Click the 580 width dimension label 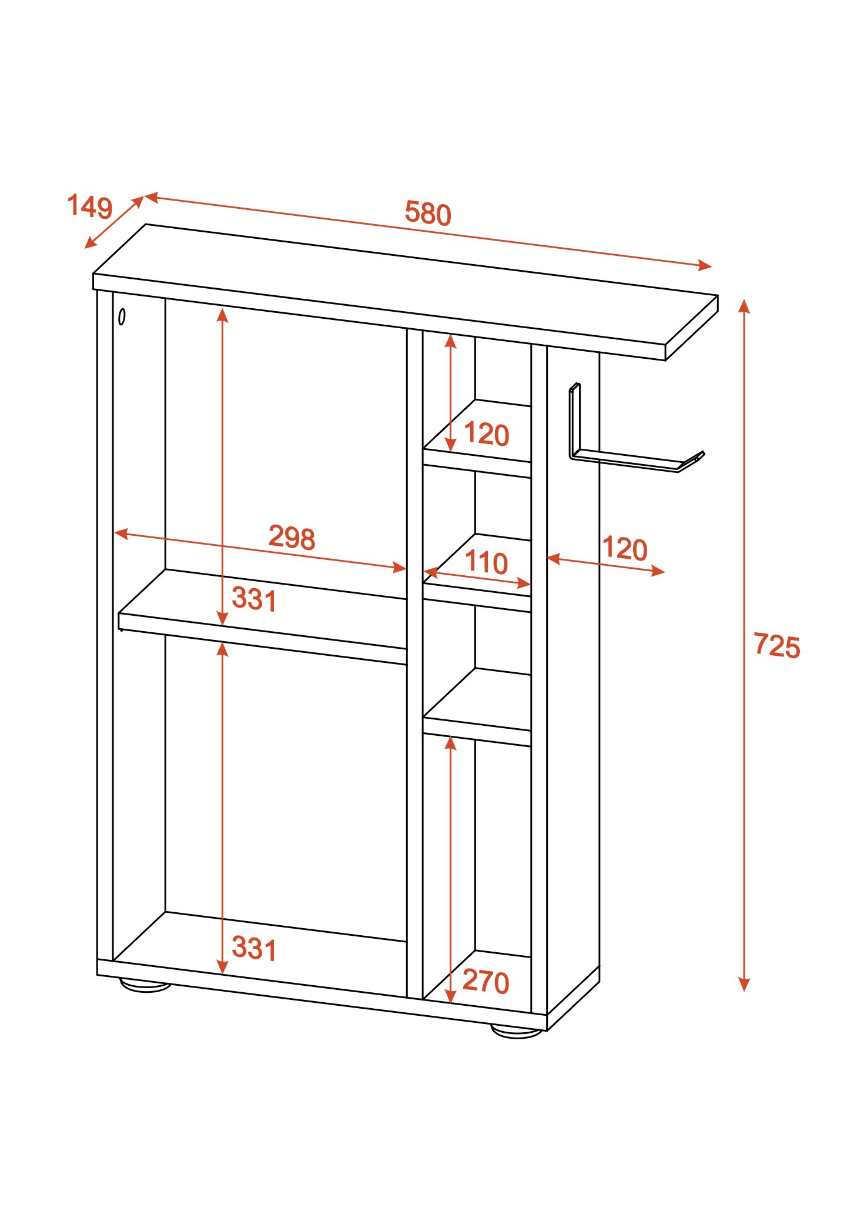427,213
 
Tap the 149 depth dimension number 90,206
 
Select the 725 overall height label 777,646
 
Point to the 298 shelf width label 292,537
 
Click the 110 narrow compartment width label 486,562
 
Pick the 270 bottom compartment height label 486,982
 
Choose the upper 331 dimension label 254,599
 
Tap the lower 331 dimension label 254,948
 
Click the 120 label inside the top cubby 487,434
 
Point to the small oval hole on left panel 122,317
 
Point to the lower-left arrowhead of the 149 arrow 89,244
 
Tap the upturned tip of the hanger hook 701,455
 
